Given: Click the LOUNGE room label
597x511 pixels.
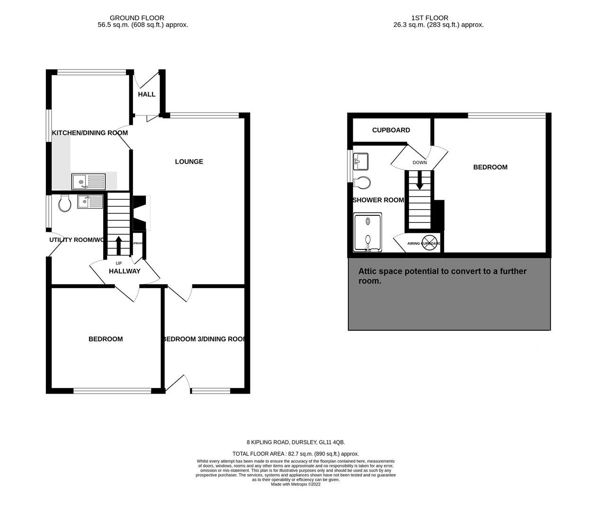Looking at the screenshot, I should pyautogui.click(x=189, y=161).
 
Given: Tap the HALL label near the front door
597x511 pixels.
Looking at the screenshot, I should pyautogui.click(x=147, y=94).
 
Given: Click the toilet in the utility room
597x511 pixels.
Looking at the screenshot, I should pyautogui.click(x=65, y=204).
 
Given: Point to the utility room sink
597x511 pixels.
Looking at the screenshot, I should pyautogui.click(x=89, y=202).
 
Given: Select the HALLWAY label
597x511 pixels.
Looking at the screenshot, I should pyautogui.click(x=125, y=271).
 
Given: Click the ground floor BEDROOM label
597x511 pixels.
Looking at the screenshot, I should pyautogui.click(x=106, y=339).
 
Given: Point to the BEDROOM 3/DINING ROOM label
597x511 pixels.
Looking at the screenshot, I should pyautogui.click(x=204, y=339).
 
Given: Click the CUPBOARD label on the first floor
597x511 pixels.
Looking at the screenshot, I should pyautogui.click(x=391, y=130).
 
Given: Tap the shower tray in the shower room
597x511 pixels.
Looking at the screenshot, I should pyautogui.click(x=368, y=232).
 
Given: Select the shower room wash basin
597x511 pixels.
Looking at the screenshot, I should pyautogui.click(x=361, y=161).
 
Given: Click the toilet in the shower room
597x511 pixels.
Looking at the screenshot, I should pyautogui.click(x=363, y=183).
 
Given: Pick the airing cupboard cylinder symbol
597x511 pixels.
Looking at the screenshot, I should pyautogui.click(x=428, y=241).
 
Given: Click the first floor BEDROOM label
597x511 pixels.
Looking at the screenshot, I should pyautogui.click(x=490, y=167).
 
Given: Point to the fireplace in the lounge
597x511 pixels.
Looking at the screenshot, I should pyautogui.click(x=141, y=213).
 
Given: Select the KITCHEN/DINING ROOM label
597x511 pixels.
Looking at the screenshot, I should pyautogui.click(x=90, y=133).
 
